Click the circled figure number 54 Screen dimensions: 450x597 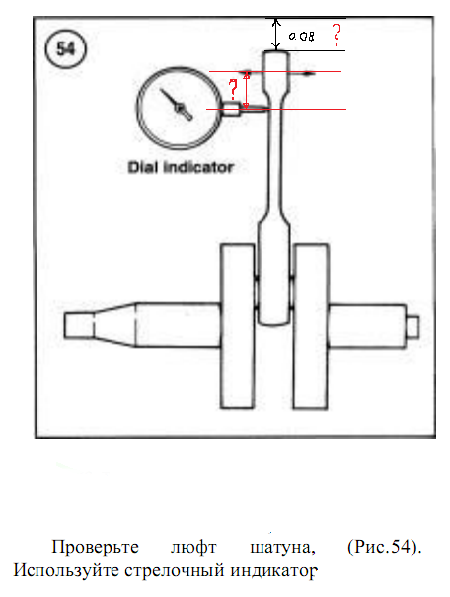66,49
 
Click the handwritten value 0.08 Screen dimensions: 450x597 301,37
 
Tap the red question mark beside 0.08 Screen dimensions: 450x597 336,35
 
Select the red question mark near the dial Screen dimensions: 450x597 233,89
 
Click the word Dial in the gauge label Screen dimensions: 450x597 142,167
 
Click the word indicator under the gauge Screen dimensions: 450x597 198,167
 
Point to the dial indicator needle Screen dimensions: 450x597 176,105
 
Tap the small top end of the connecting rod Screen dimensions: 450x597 276,70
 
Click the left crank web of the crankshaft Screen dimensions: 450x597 237,326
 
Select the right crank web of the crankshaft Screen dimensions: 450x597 311,326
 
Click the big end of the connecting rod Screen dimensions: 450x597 274,275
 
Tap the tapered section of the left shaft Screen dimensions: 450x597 114,325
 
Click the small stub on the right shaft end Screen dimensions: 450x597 412,327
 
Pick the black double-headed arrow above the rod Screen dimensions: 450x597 276,35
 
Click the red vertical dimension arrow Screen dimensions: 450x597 247,90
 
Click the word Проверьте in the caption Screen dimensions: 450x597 96,548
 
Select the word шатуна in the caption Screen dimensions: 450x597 283,548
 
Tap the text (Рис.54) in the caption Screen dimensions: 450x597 385,548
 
